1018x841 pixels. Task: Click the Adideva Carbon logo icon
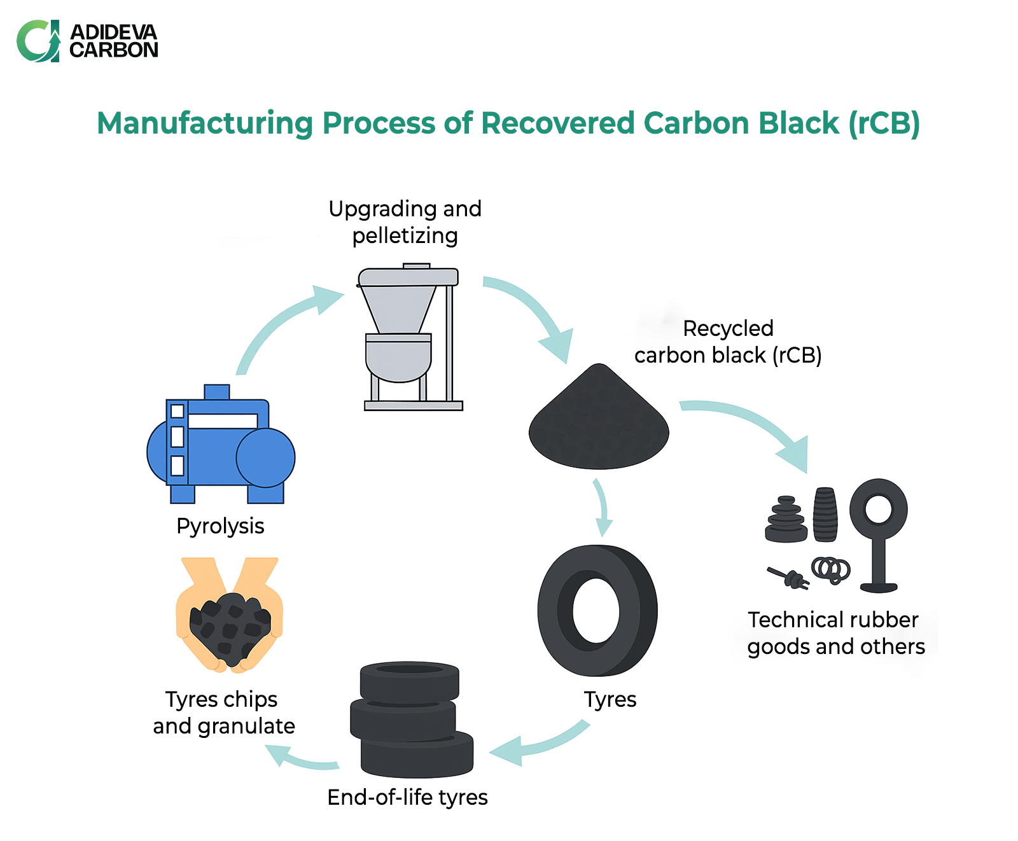point(38,41)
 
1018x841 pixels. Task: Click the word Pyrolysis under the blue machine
point(220,526)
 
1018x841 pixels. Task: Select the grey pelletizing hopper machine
point(407,337)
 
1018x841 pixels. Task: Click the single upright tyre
point(597,611)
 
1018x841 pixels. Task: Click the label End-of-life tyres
point(407,797)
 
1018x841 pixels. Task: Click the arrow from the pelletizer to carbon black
point(534,312)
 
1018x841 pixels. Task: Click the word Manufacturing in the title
point(205,123)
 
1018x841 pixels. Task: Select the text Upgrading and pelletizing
point(405,222)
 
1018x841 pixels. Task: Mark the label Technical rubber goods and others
point(835,633)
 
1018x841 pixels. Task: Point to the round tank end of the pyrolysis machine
point(265,457)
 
